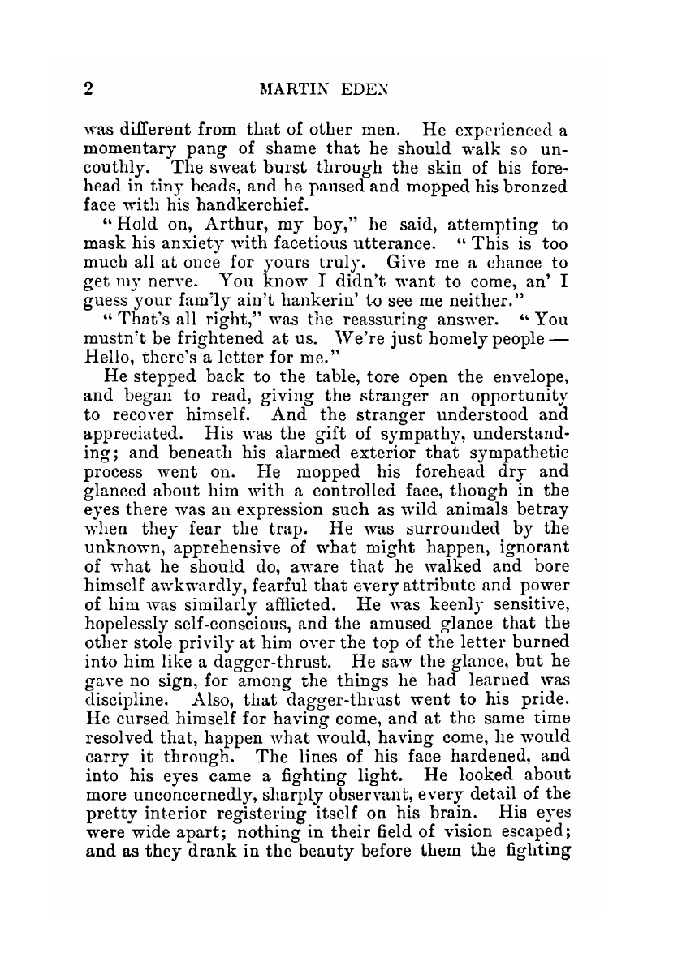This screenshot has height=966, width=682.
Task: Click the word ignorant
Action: click(x=528, y=550)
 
